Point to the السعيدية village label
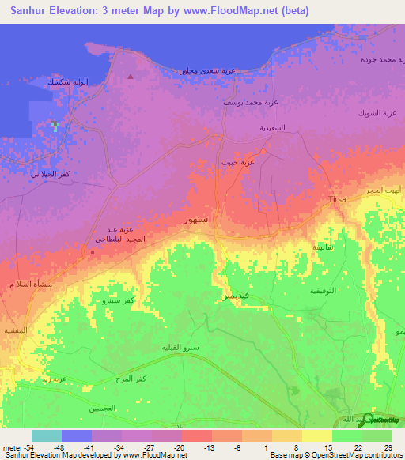tap(267, 127)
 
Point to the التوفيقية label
tap(323, 291)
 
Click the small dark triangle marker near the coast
tap(130, 77)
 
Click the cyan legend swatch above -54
tap(47, 435)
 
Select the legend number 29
tap(387, 448)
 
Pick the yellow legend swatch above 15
tap(317, 435)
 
